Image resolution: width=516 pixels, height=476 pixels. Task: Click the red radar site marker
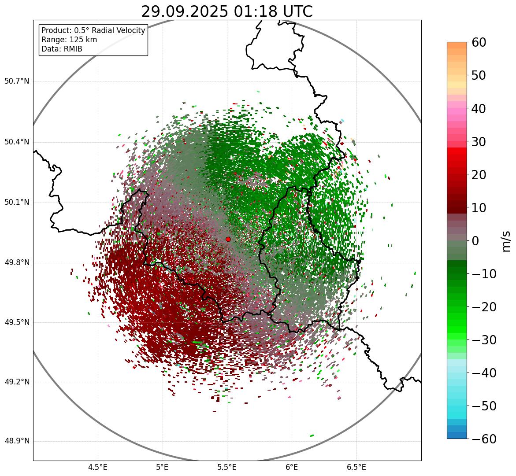(228, 239)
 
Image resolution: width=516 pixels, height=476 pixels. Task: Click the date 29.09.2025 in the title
(185, 12)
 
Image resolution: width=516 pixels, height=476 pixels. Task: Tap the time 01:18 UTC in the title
(273, 12)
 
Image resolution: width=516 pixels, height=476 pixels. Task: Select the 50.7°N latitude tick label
(17, 81)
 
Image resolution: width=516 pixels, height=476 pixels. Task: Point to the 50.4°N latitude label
(17, 142)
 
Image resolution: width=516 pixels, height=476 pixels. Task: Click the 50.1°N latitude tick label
(17, 203)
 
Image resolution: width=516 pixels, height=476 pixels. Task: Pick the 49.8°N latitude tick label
(17, 263)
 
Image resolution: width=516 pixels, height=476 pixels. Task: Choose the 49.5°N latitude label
(17, 322)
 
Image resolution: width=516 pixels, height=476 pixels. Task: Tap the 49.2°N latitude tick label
(17, 382)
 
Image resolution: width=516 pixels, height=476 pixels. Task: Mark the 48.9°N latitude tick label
(17, 441)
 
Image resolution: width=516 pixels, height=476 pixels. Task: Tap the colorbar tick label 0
(475, 241)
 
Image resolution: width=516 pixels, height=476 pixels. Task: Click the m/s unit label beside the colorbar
(507, 241)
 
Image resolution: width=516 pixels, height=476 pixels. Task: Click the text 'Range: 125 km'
(69, 40)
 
